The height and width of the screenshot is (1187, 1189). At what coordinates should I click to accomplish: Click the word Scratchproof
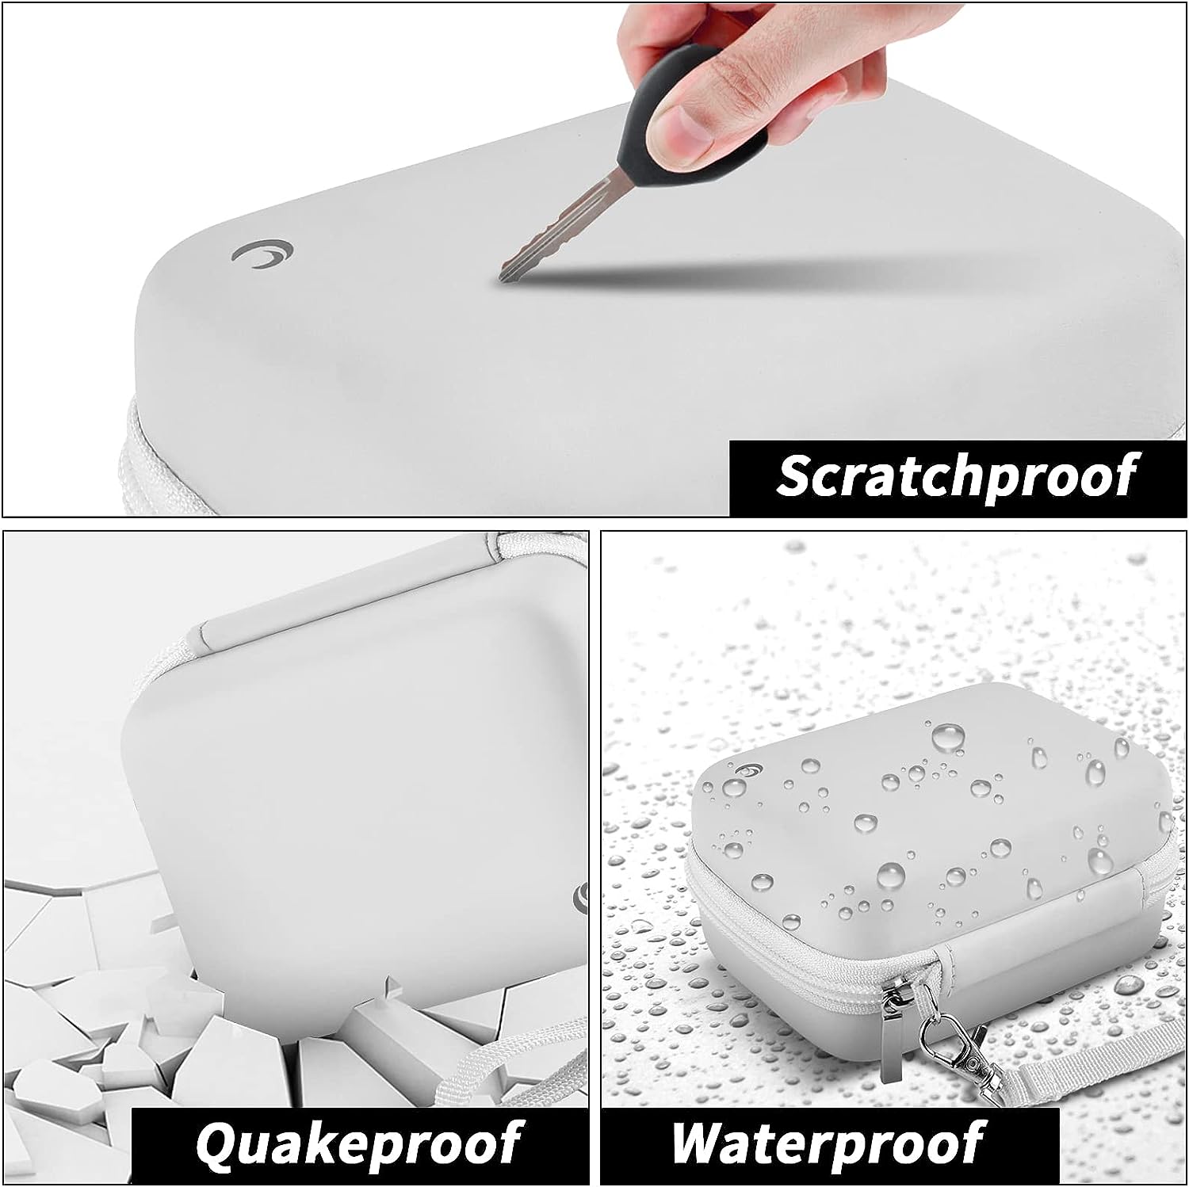pos(955,475)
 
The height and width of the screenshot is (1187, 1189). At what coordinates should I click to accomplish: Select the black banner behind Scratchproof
pos(956,476)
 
